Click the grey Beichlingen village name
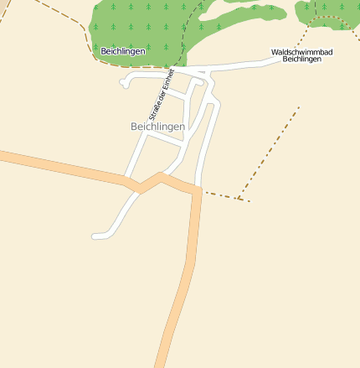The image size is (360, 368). (x=157, y=126)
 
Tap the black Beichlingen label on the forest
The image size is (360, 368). (x=122, y=51)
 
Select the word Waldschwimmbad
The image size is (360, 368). (x=301, y=52)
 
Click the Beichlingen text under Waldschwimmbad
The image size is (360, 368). (x=301, y=60)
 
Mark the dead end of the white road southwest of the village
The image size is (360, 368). (x=95, y=236)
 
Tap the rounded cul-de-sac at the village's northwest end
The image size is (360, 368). (x=125, y=82)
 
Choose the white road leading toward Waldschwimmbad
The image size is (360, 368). (x=243, y=65)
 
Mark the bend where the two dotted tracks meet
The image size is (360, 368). (x=240, y=199)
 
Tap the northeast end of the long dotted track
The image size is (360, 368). (x=298, y=107)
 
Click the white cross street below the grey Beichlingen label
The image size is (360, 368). (x=164, y=140)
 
